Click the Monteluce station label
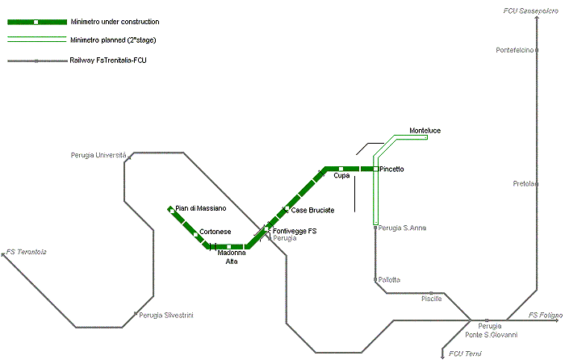click(x=425, y=131)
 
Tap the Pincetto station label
click(x=391, y=169)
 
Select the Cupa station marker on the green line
click(x=341, y=169)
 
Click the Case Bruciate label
click(x=312, y=210)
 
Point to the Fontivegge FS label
click(x=295, y=231)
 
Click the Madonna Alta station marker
click(x=228, y=247)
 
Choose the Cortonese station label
click(x=216, y=232)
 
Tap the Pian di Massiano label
click(x=201, y=208)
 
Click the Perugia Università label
click(x=98, y=155)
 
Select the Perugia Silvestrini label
click(x=166, y=316)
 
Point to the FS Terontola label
click(x=27, y=252)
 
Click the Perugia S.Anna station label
click(x=402, y=228)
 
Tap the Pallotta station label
click(x=389, y=279)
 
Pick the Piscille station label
click(x=431, y=299)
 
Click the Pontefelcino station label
click(x=515, y=50)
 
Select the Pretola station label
click(x=524, y=184)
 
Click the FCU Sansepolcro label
click(x=531, y=11)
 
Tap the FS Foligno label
click(x=546, y=316)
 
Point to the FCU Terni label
click(x=465, y=354)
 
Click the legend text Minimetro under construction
click(x=115, y=22)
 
